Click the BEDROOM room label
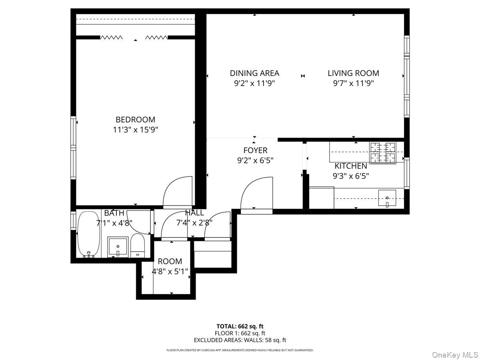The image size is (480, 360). click(x=135, y=119)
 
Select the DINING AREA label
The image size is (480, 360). click(x=254, y=73)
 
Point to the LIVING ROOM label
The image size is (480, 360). click(x=353, y=73)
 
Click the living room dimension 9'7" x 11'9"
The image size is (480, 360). click(x=353, y=84)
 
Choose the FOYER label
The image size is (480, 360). click(x=255, y=150)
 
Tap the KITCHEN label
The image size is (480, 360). click(x=351, y=166)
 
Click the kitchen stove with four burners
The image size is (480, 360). click(x=382, y=153)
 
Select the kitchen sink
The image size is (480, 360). click(x=387, y=198)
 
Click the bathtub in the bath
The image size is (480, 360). click(x=88, y=234)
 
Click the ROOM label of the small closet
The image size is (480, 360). click(x=170, y=261)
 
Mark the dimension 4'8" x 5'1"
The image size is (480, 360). click(x=170, y=272)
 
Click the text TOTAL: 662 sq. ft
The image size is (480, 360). click(x=240, y=326)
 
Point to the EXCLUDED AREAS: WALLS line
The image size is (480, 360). click(x=240, y=340)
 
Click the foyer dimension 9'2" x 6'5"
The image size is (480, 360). click(x=255, y=161)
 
